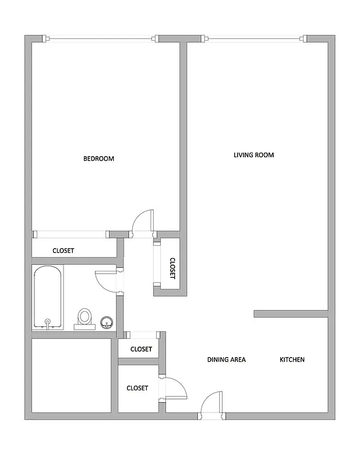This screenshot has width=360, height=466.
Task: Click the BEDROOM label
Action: point(98,158)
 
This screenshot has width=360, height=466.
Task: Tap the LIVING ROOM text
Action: point(253,155)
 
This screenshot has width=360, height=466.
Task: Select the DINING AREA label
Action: point(226,359)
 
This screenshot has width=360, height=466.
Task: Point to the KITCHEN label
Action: point(292,359)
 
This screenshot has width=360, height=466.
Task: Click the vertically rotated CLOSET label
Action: point(172,269)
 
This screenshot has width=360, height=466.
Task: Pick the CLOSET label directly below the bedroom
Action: point(63,250)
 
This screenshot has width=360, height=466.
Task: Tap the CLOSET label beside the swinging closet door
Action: point(137,388)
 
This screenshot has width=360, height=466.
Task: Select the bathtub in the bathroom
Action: point(48,297)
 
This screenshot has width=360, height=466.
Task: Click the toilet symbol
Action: point(85,318)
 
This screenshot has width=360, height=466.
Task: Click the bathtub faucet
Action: point(48,322)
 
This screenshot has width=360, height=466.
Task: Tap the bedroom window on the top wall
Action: point(101,39)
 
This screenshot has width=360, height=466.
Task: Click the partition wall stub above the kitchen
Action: point(291,313)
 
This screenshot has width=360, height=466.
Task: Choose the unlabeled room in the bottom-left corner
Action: point(72,376)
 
